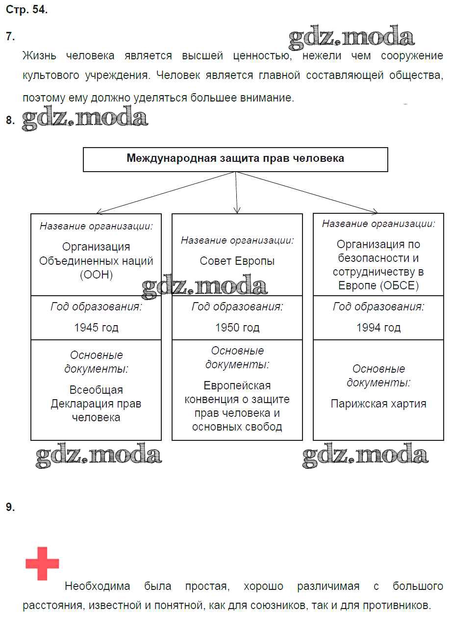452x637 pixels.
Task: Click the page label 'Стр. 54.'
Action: (x=27, y=10)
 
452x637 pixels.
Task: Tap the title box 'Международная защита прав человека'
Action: (x=235, y=159)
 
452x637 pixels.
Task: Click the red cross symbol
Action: (x=42, y=563)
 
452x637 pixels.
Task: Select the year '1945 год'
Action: (x=96, y=328)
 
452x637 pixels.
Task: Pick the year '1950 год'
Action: (x=237, y=328)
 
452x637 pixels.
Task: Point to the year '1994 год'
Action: (x=378, y=328)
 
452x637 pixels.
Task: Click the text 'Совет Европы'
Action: (x=237, y=261)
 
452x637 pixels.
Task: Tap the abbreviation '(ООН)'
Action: (x=96, y=275)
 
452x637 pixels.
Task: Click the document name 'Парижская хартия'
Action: (x=378, y=404)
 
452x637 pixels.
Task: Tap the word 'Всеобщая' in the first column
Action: (x=96, y=390)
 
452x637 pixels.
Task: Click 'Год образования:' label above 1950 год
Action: (x=237, y=307)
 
